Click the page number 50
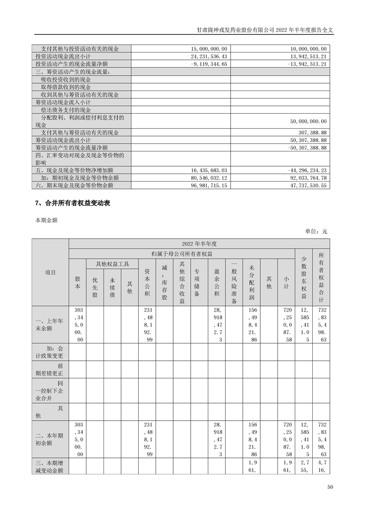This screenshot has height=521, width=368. [x=330, y=487]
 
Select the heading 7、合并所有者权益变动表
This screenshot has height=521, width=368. [x=73, y=203]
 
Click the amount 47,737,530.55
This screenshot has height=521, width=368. [x=307, y=185]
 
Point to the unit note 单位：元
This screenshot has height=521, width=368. [x=316, y=231]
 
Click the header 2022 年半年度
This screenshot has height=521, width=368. [x=199, y=243]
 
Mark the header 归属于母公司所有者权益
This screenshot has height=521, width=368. [x=181, y=254]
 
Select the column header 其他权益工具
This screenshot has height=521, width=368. [x=112, y=264]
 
